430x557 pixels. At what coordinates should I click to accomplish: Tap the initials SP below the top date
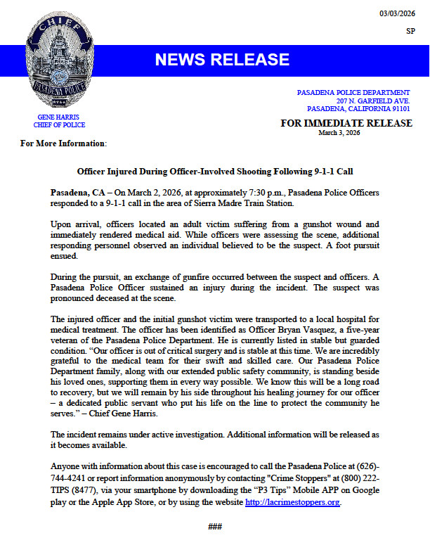pos(410,31)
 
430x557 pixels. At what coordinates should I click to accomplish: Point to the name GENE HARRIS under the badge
pos(59,117)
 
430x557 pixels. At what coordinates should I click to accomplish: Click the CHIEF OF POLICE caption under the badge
pos(59,125)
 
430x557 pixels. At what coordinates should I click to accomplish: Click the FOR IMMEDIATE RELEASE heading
pos(346,123)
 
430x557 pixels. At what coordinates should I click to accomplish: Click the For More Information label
pos(63,144)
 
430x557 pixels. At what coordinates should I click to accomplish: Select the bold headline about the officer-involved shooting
pos(214,171)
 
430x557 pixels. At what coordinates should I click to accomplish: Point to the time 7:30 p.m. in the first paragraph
pos(219,192)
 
